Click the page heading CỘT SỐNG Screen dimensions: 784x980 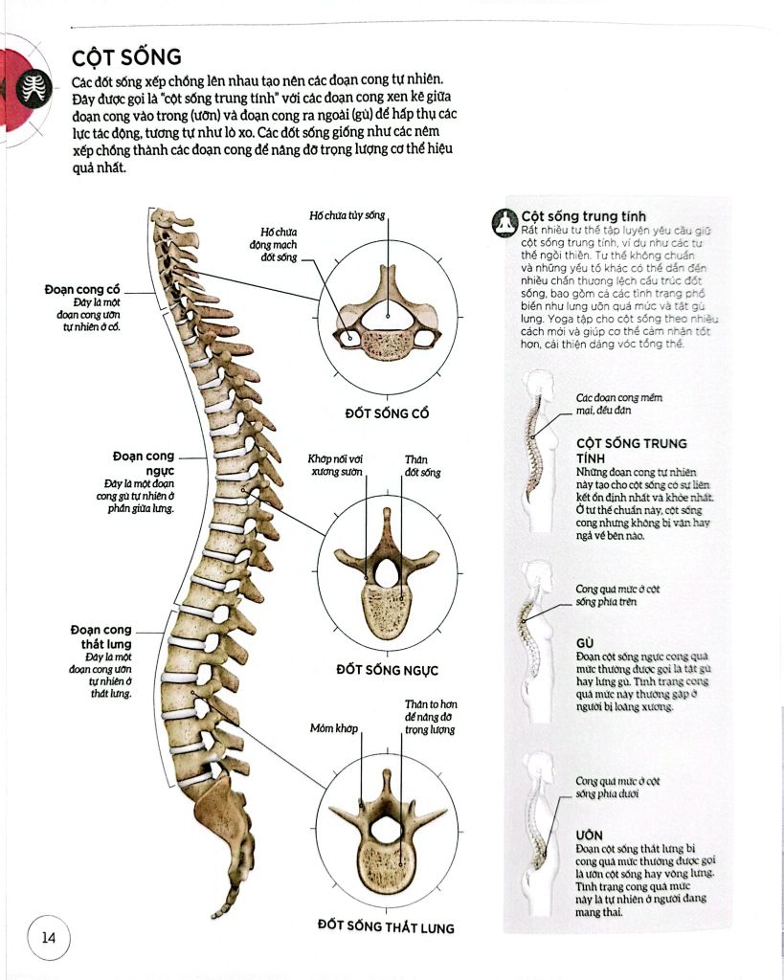tap(126, 57)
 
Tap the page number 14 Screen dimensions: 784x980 tap(49, 938)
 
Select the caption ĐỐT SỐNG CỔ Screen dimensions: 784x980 tap(387, 413)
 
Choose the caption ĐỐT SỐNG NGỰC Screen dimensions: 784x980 tap(387, 670)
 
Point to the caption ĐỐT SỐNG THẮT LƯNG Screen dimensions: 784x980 tap(386, 926)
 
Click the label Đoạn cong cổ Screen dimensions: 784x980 tap(82, 289)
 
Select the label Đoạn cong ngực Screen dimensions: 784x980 tap(144, 463)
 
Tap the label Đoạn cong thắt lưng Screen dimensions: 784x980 tap(101, 636)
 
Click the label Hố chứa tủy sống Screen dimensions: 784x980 tap(347, 215)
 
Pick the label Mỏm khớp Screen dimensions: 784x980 tap(334, 728)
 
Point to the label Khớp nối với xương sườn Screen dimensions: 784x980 tap(335, 466)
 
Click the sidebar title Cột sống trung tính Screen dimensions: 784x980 tap(583, 217)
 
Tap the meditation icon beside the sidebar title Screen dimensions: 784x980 tap(504, 222)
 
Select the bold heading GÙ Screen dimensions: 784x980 tap(585, 643)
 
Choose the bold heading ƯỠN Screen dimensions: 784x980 tap(590, 835)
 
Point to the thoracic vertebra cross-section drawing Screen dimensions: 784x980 tap(387, 574)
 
